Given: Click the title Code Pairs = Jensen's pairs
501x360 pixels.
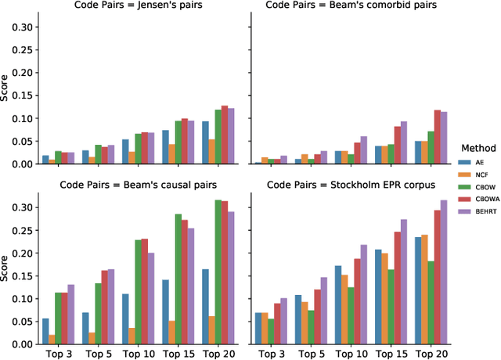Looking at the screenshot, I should [x=138, y=7].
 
